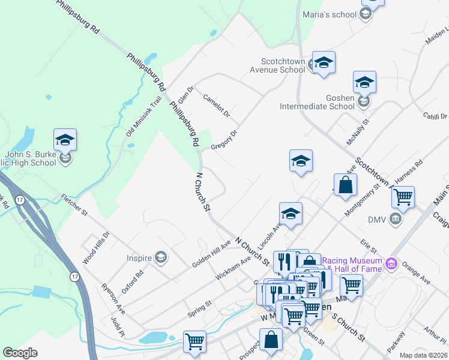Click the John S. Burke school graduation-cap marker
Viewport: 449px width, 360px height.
click(x=65, y=140)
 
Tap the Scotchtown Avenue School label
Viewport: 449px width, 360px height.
click(x=283, y=65)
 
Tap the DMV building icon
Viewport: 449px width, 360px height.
click(x=396, y=218)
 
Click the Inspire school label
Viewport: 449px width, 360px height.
click(x=139, y=259)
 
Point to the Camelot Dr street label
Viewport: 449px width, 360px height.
click(x=217, y=106)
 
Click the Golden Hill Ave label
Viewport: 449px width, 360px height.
click(x=211, y=255)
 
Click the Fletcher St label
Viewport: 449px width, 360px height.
click(x=74, y=205)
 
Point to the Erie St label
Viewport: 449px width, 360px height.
click(x=368, y=245)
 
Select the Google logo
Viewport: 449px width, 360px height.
click(x=20, y=353)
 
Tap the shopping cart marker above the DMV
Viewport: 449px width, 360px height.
click(x=403, y=196)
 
